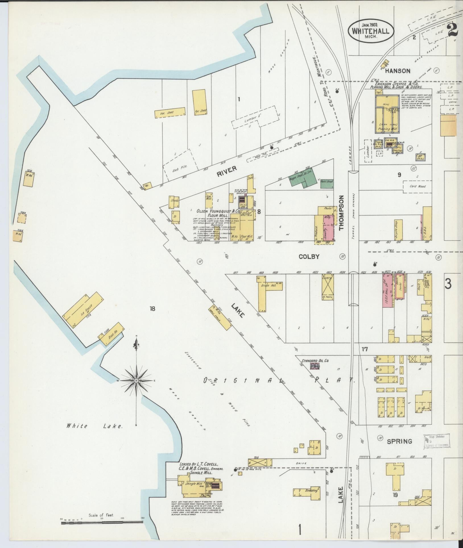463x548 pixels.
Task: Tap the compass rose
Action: (137, 381)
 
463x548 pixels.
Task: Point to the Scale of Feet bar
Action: (102, 522)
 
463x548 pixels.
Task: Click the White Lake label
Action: (94, 434)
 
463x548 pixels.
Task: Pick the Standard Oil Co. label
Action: (315, 360)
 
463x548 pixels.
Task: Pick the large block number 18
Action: (153, 309)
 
